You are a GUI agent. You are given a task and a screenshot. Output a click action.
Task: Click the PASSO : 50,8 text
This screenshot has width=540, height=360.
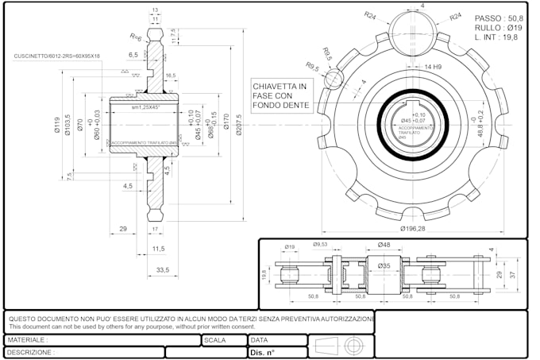point(499,17)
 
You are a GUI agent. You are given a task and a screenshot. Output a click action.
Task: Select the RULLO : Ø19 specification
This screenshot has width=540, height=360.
point(497,27)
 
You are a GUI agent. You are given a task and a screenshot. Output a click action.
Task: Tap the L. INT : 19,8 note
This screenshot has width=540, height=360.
point(496,37)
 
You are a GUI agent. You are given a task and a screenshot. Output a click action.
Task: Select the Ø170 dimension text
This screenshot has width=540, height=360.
point(226,121)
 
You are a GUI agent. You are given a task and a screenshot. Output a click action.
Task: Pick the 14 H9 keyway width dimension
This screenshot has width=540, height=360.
point(434,67)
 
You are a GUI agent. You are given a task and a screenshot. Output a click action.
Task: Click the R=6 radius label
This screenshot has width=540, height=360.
point(136,37)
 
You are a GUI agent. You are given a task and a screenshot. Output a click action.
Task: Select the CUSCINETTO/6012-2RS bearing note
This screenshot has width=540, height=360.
point(56,56)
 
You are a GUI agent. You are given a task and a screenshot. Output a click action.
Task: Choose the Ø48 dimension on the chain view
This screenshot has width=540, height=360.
point(384,245)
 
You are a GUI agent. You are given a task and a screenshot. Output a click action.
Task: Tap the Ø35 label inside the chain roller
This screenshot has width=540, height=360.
point(384,265)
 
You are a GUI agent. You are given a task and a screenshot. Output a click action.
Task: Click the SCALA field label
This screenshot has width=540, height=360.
point(215,339)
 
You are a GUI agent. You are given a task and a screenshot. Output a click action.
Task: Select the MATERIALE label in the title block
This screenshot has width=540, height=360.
point(28,339)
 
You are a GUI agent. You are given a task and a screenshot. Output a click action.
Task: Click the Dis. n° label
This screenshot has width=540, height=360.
point(262,352)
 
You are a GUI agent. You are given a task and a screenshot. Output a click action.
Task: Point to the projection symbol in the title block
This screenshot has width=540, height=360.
point(340,346)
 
